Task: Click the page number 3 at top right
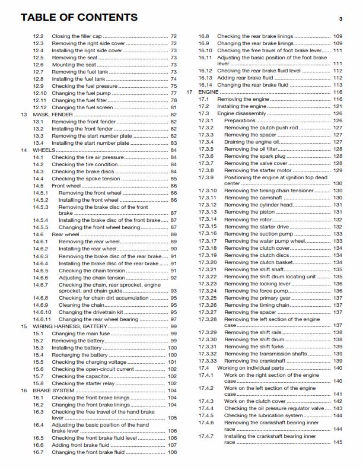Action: tap(341, 20)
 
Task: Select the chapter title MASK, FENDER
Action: tap(53, 113)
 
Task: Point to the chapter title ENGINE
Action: tap(208, 93)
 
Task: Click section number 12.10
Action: tap(40, 93)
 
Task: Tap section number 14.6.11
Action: tap(42, 319)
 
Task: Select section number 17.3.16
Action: tap(208, 234)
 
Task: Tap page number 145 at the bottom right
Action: tap(338, 442)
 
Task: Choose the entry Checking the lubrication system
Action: tap(263, 415)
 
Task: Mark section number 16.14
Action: tap(205, 85)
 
